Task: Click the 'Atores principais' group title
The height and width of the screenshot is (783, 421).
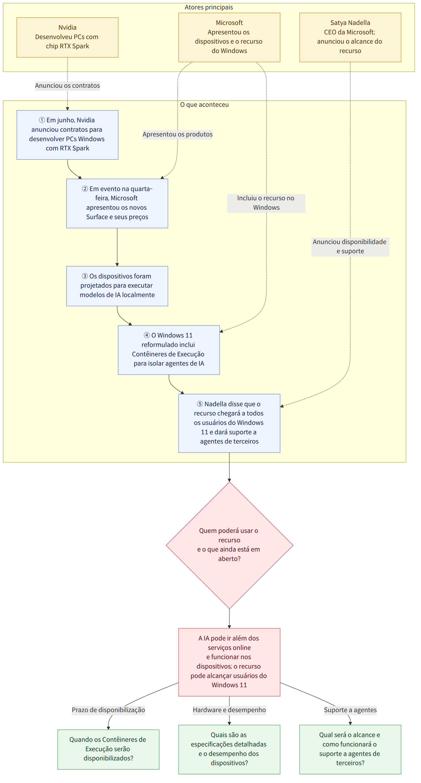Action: click(209, 7)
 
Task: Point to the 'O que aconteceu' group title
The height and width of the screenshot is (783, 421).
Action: click(204, 105)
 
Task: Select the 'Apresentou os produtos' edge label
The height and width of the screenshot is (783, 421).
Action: click(178, 134)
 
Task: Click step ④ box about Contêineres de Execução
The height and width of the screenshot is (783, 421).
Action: click(169, 350)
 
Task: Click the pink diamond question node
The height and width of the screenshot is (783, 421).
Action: click(229, 545)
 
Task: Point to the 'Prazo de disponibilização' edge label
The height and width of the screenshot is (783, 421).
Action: click(108, 710)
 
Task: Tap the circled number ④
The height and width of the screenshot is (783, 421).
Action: click(147, 335)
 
